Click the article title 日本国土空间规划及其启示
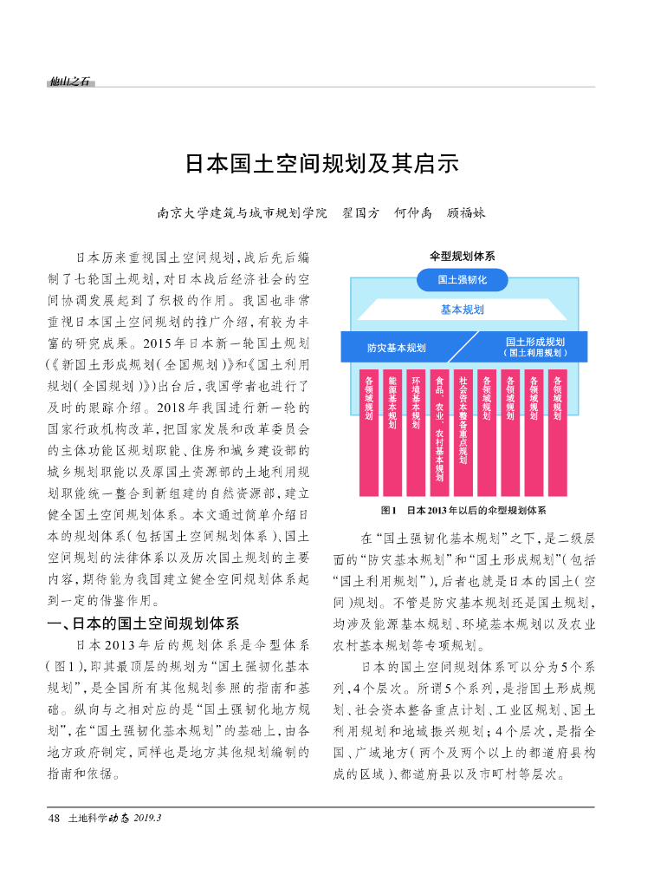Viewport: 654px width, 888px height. tap(321, 164)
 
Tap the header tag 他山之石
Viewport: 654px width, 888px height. tap(70, 82)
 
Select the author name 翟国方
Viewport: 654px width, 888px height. tap(362, 212)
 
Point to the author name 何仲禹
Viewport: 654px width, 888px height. tap(412, 212)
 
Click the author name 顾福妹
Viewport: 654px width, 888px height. tap(465, 212)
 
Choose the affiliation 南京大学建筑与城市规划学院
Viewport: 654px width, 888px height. tap(243, 212)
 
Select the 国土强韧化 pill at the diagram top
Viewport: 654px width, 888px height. tap(462, 280)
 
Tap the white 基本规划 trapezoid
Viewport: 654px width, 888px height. tap(462, 310)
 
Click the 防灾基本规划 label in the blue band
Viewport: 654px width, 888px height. tap(396, 348)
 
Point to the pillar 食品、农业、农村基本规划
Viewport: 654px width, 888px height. tap(439, 429)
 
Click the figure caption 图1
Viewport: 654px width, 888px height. tap(387, 510)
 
